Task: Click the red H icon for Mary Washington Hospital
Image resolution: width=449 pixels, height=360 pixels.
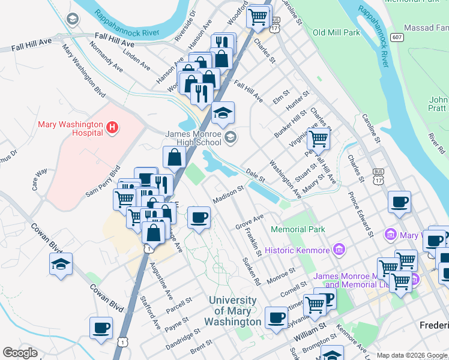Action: click(x=112, y=127)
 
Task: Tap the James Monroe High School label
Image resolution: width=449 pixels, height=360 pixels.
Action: click(x=193, y=139)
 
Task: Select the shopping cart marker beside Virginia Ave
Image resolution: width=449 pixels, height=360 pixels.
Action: click(x=318, y=139)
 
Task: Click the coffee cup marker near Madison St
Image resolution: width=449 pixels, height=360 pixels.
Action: click(x=199, y=217)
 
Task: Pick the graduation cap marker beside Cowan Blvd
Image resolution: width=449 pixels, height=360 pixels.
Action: click(x=61, y=264)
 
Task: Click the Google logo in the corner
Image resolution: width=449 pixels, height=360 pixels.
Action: click(x=19, y=353)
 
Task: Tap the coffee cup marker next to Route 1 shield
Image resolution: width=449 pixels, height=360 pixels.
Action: click(x=101, y=328)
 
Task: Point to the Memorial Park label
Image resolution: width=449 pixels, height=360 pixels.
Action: click(x=298, y=229)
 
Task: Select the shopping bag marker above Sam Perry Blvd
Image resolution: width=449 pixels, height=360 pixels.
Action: click(x=173, y=157)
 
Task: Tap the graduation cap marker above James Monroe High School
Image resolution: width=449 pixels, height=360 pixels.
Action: click(x=223, y=113)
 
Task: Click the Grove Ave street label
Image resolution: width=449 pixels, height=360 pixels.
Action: click(x=249, y=221)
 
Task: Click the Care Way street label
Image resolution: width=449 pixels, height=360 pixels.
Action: click(x=40, y=179)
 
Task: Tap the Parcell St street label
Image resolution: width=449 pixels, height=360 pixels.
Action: click(x=179, y=305)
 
